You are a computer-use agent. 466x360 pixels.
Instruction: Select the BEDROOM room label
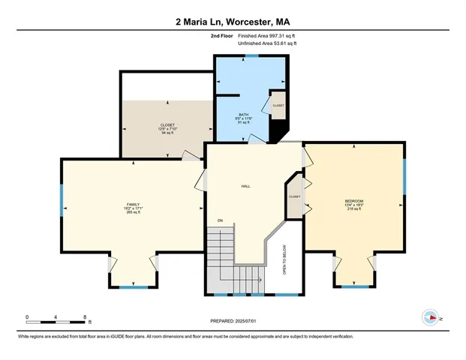tap(353, 201)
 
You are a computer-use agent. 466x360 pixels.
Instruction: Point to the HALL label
tap(245, 186)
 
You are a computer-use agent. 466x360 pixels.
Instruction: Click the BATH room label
tap(243, 114)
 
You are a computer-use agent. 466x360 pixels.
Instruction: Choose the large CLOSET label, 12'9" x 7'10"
tap(167, 125)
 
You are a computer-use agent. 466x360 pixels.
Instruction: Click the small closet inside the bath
tap(278, 106)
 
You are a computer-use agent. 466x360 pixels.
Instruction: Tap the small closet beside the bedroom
tap(294, 196)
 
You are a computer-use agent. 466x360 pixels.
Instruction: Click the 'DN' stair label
tap(220, 220)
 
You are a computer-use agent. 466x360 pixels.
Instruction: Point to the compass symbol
tap(430, 318)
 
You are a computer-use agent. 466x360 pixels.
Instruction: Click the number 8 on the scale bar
tap(86, 317)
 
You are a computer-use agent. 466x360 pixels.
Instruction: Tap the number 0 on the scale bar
tap(28, 317)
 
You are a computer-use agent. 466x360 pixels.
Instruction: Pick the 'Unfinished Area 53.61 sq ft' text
tap(267, 44)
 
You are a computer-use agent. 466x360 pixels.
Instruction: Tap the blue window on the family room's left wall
tap(62, 201)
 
